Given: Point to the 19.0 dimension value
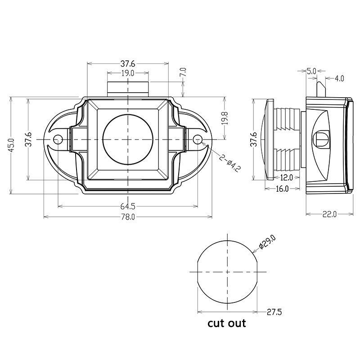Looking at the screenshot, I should coord(127,73).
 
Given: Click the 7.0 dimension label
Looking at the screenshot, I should coord(182,72).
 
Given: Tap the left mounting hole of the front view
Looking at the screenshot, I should coord(57,140).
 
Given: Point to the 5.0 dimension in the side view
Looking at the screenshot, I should coord(311,71).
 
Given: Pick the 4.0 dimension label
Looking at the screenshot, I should coord(339,79).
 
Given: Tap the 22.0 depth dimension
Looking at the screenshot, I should coord(329,214).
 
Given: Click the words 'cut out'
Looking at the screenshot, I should coord(226,324).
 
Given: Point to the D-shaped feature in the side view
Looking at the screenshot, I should coord(323,138).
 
